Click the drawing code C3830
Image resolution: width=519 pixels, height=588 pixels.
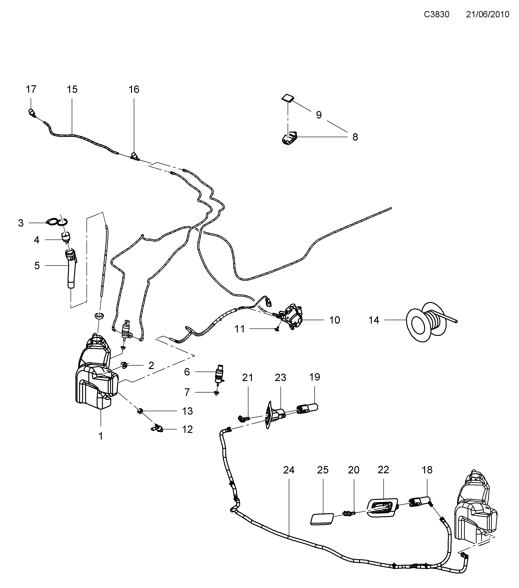pos(436,14)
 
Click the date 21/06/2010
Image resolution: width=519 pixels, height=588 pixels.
pos(488,14)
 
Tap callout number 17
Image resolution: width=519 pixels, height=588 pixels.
pos(31,89)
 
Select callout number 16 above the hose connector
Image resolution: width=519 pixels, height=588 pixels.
pos(134,90)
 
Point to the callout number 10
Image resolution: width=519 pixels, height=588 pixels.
pos(334,320)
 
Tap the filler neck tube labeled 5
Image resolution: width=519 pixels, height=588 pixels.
pos(71,269)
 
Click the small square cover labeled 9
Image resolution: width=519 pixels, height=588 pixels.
pos(288,98)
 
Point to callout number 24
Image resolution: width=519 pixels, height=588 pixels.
pos(289,470)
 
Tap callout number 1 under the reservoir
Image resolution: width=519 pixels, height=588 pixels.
pos(101,436)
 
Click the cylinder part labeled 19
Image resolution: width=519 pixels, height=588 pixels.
pos(308,408)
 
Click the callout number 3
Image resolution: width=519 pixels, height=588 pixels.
pos(21,223)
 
